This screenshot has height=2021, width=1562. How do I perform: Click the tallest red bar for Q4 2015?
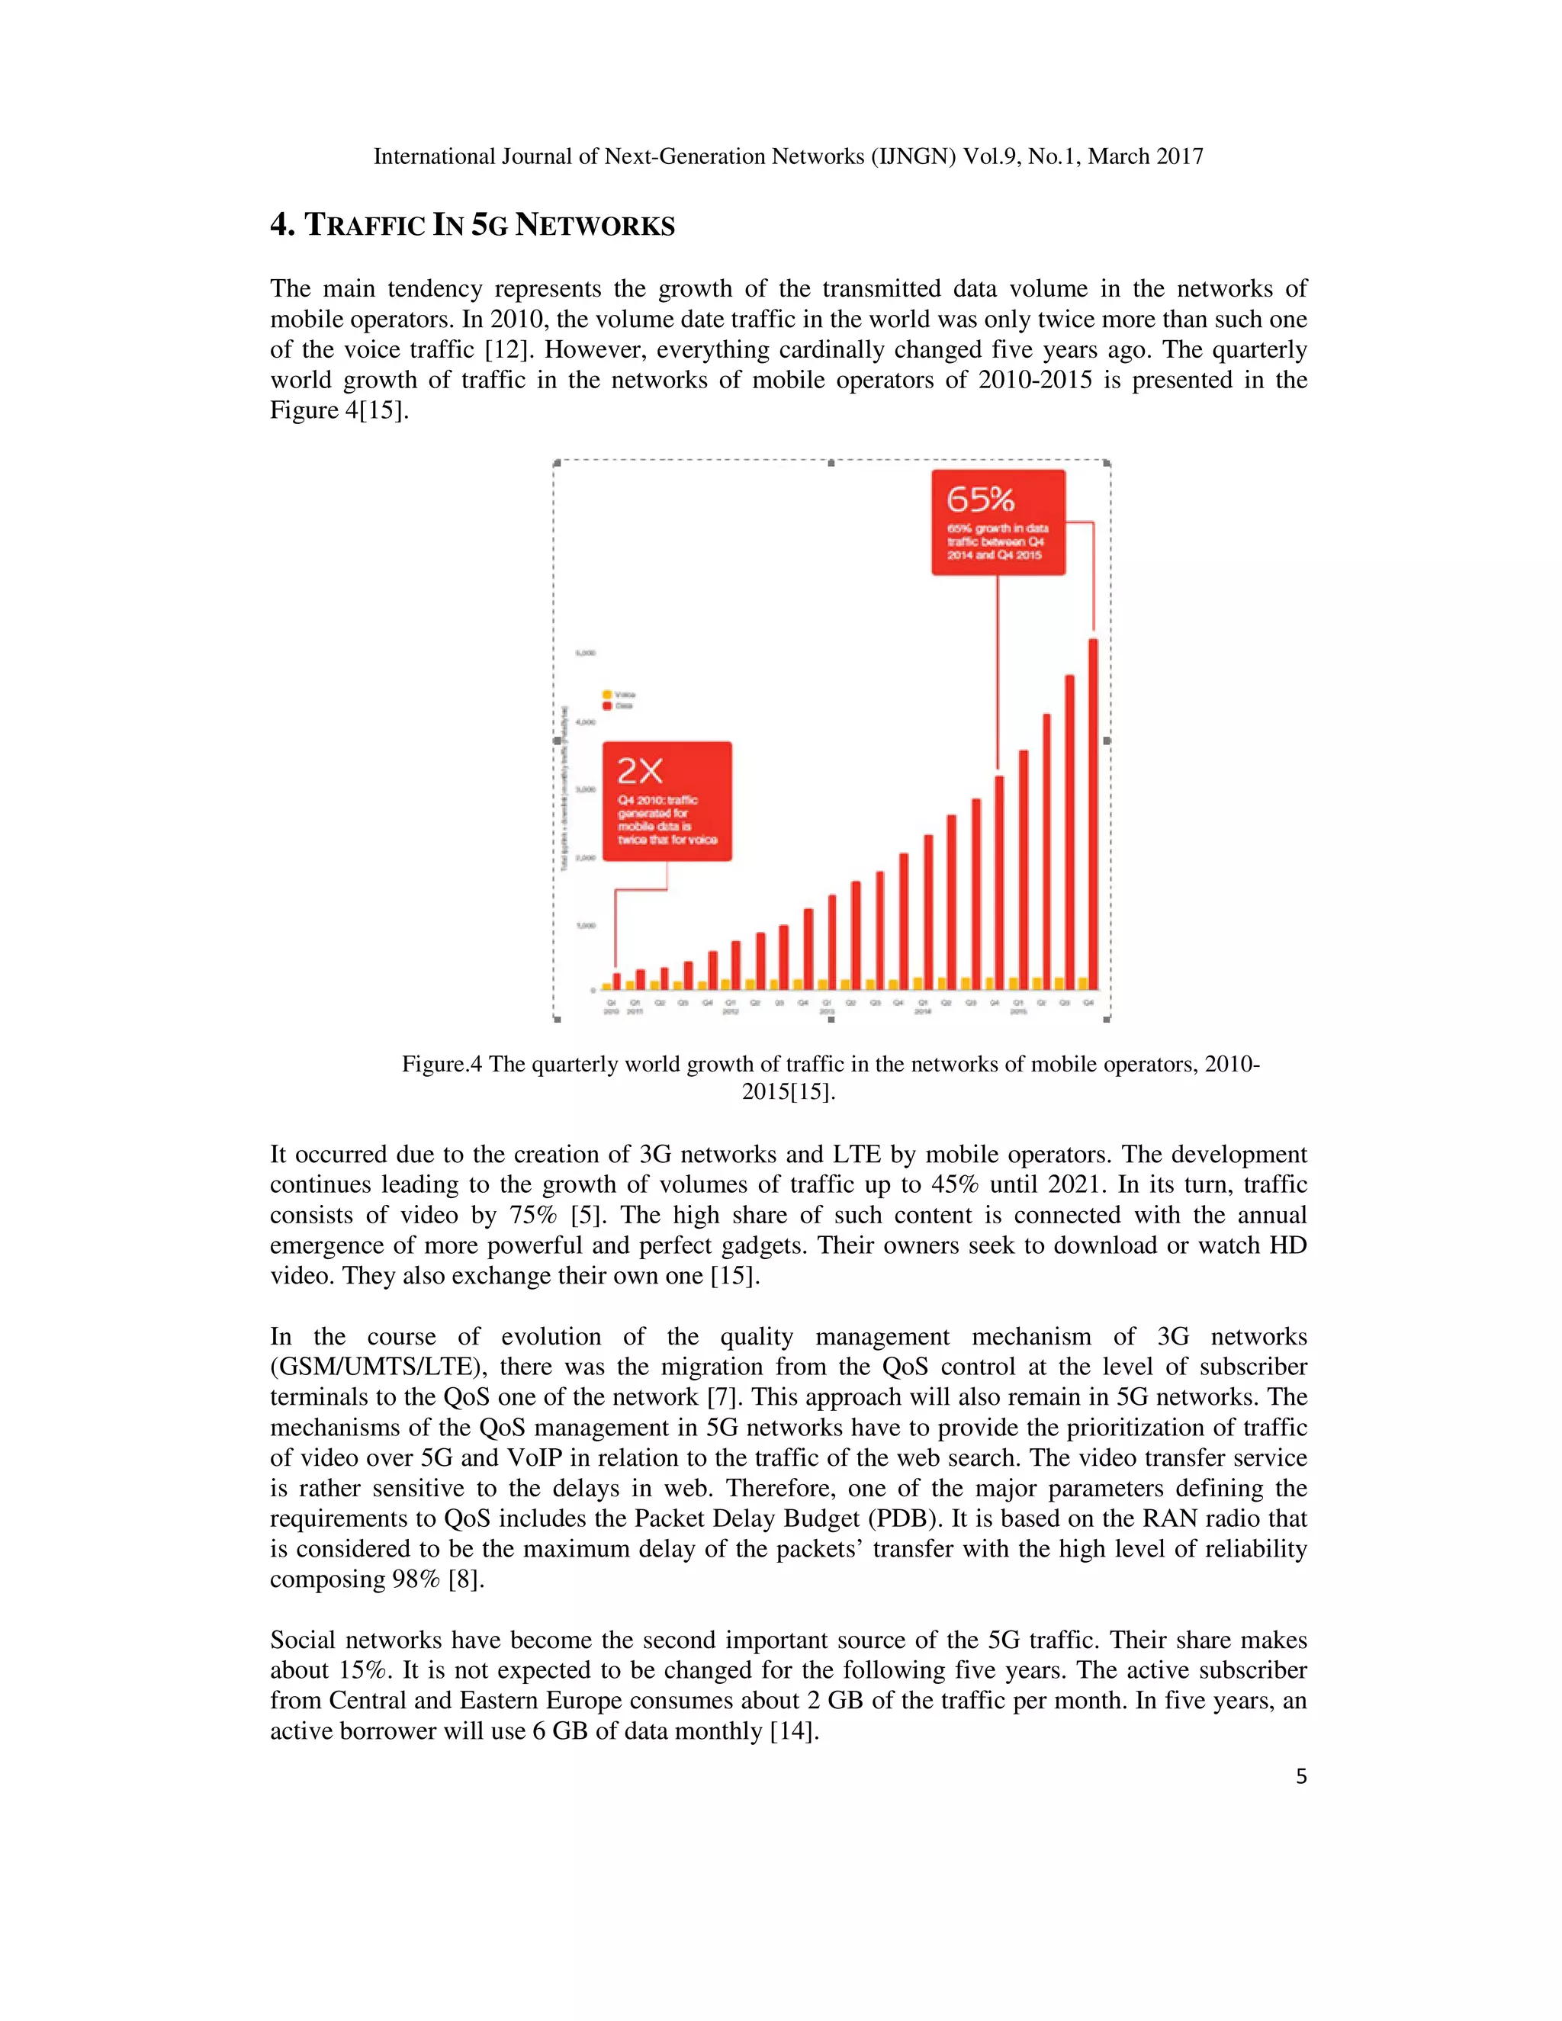click(x=1093, y=815)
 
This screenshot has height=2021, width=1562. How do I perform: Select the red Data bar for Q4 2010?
click(x=617, y=981)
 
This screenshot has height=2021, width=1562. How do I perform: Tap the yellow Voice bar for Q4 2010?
click(x=607, y=986)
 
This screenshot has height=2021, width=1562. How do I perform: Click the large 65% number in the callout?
click(x=980, y=500)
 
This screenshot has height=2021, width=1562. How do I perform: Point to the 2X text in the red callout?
click(x=639, y=771)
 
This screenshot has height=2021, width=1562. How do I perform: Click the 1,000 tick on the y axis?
click(x=585, y=925)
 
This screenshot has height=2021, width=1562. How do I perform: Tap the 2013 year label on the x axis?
click(x=828, y=1011)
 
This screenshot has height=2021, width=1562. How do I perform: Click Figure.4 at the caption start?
click(x=442, y=1064)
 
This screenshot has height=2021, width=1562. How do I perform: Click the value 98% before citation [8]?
click(x=416, y=1579)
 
